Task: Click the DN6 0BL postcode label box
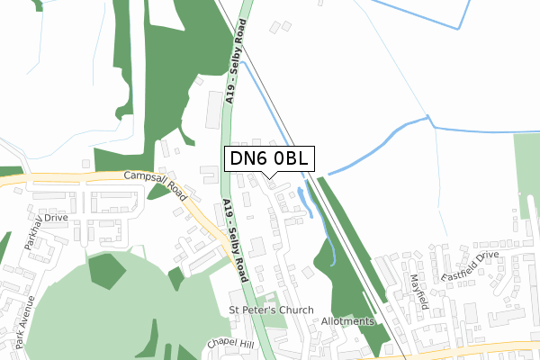[x=269, y=158]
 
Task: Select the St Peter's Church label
[x=271, y=310]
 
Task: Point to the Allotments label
[x=346, y=321]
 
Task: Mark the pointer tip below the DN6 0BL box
[x=269, y=178]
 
